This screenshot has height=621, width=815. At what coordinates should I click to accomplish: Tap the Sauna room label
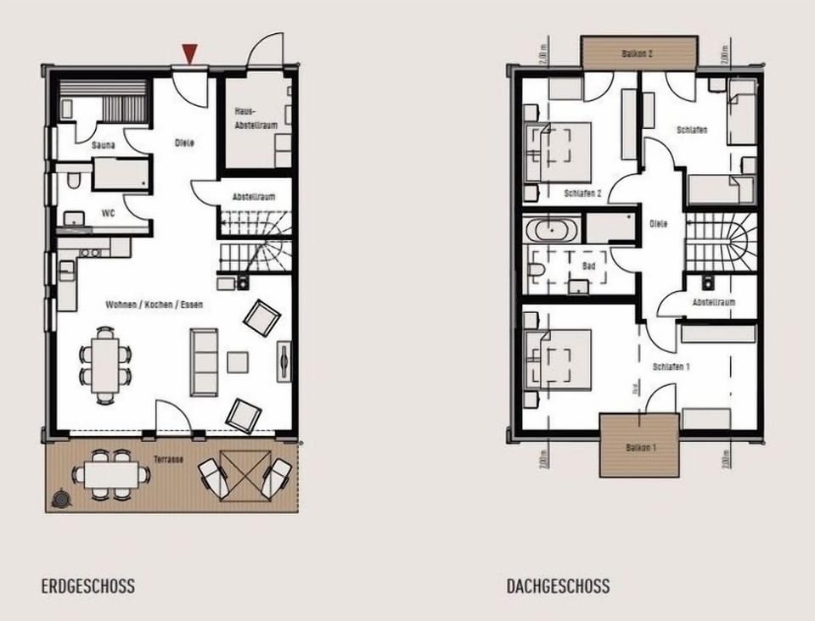[104, 146]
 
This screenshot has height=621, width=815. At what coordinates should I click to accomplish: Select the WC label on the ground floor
[108, 213]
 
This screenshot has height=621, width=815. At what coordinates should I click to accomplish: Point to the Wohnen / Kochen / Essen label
[154, 304]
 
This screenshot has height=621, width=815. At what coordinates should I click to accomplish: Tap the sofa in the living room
[204, 362]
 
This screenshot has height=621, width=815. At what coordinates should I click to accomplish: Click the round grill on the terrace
[62, 500]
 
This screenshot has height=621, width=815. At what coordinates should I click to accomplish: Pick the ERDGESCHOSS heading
[87, 586]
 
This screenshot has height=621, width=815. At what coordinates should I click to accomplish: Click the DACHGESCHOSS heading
[558, 586]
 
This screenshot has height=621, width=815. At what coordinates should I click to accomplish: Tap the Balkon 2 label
[638, 53]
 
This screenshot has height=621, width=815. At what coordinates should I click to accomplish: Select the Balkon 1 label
[639, 447]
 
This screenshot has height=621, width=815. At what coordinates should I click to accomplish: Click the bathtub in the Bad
[553, 229]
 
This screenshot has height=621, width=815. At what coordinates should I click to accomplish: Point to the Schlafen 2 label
[583, 193]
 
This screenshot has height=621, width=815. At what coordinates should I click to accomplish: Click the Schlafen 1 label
[671, 367]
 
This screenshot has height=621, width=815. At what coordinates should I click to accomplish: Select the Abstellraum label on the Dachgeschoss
[712, 302]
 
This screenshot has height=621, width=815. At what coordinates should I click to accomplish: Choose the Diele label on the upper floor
[659, 224]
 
